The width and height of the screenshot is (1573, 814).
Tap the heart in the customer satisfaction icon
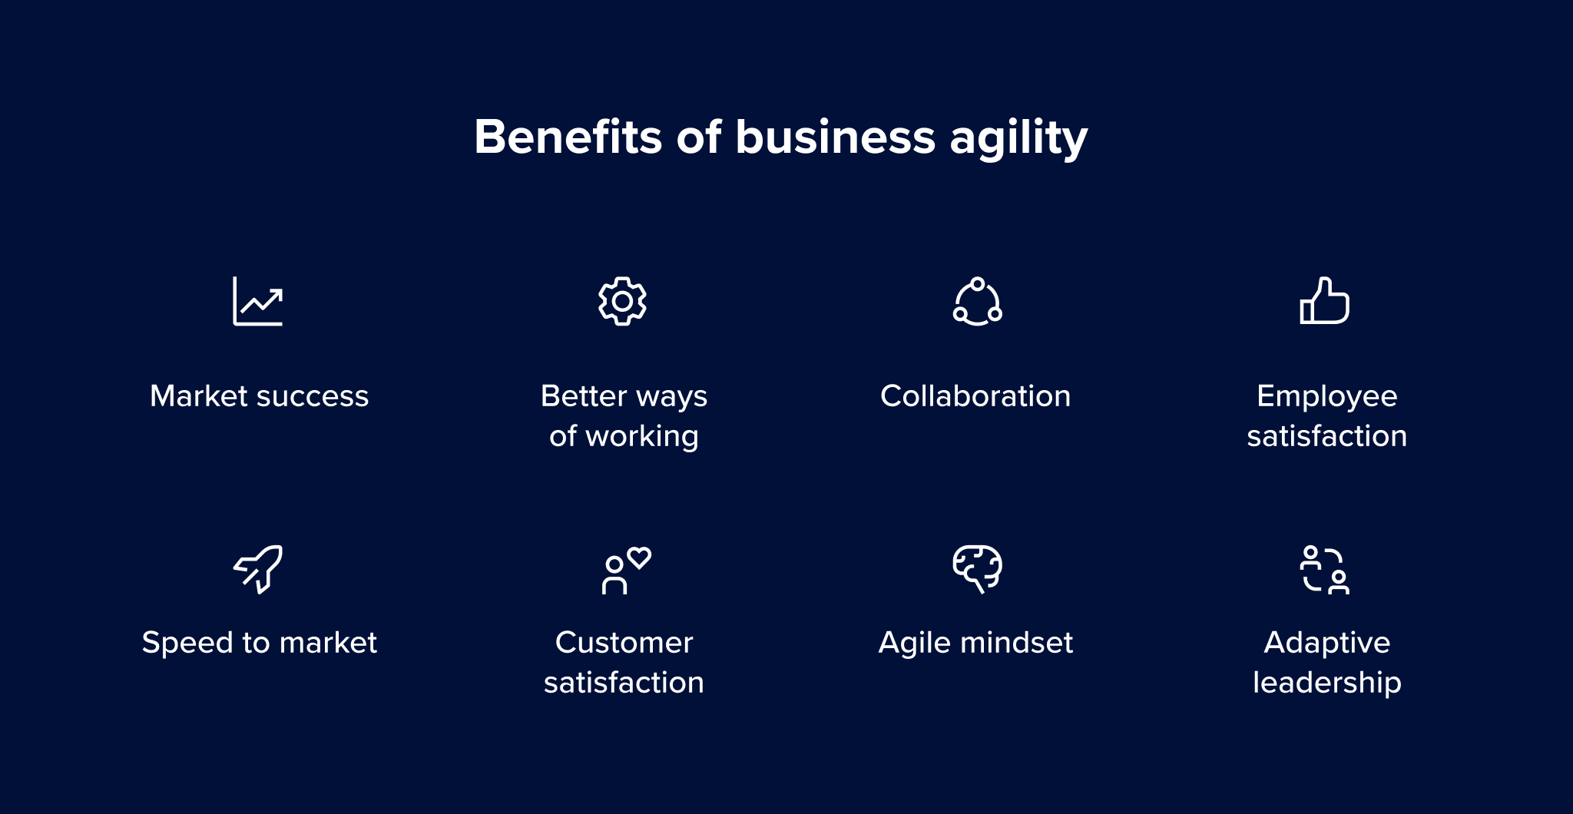pyautogui.click(x=639, y=558)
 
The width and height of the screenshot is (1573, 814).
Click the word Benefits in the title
pyautogui.click(x=568, y=137)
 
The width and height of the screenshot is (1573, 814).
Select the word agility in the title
pyautogui.click(x=1018, y=140)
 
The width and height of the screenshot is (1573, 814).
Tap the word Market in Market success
pyautogui.click(x=199, y=396)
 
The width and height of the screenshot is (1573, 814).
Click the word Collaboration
pyautogui.click(x=975, y=396)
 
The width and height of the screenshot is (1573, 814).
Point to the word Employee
pyautogui.click(x=1326, y=397)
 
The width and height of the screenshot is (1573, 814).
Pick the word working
pyautogui.click(x=642, y=437)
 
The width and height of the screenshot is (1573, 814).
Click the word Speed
pyautogui.click(x=187, y=644)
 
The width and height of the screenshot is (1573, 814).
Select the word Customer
pyautogui.click(x=624, y=643)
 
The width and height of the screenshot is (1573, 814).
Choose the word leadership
pyautogui.click(x=1326, y=683)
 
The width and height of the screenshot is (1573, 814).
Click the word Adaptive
pyautogui.click(x=1326, y=644)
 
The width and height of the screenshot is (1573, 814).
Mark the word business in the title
pyautogui.click(x=836, y=137)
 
